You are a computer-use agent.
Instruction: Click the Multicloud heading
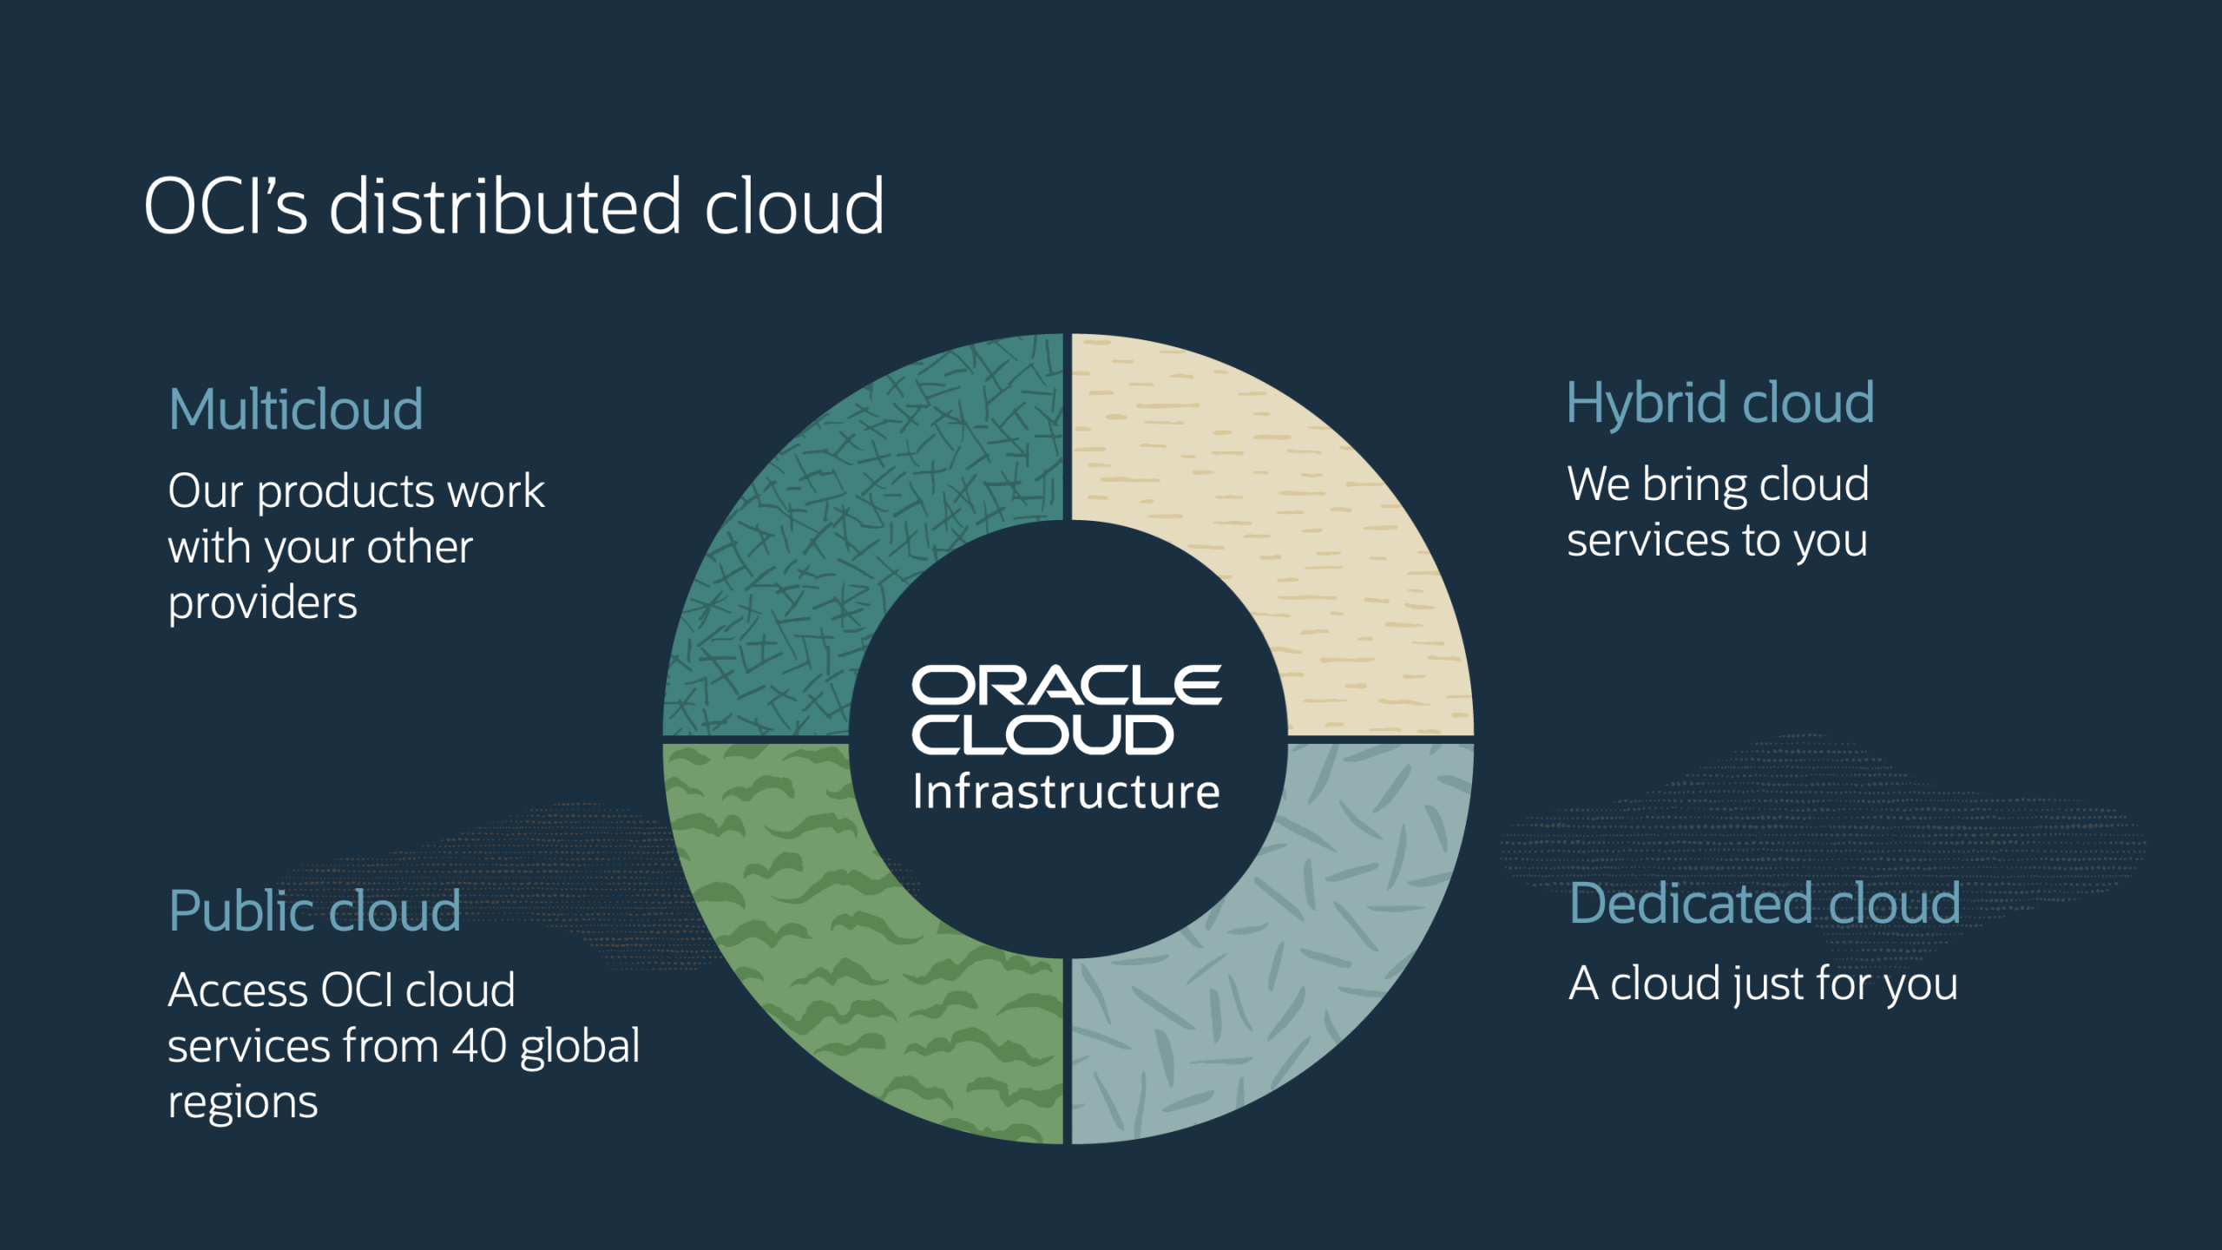pos(295,409)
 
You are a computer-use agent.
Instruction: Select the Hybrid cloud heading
pos(1719,404)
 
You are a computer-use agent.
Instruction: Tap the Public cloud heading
pos(314,911)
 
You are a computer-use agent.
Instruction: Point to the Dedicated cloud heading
pos(1765,904)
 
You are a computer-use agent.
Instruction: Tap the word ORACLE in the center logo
pos(1066,686)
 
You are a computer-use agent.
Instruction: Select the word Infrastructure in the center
pos(1066,792)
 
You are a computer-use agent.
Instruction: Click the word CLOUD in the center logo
pos(1042,735)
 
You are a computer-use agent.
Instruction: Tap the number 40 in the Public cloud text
pos(479,1045)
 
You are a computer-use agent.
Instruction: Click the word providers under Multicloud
pos(262,604)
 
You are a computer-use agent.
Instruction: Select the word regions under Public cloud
pos(242,1103)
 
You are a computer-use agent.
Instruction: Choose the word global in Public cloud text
pos(579,1047)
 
